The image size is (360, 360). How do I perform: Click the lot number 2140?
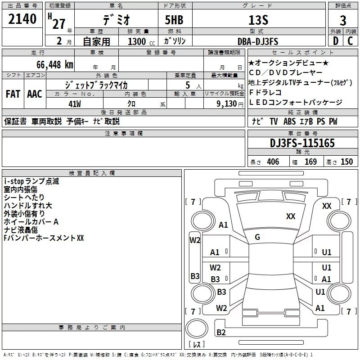22,19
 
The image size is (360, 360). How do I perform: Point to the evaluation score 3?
343,20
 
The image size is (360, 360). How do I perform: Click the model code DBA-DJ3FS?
258,41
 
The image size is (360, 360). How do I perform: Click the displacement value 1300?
137,41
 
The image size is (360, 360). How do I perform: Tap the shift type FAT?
13,94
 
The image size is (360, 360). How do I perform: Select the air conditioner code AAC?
35,94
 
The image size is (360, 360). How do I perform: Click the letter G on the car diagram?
257,237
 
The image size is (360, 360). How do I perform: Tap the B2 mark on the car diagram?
221,333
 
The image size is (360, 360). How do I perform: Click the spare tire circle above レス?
197,328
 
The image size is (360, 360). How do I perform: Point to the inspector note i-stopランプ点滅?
31,181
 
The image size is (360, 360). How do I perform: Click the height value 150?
346,162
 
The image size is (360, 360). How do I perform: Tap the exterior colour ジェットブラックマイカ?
96,85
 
